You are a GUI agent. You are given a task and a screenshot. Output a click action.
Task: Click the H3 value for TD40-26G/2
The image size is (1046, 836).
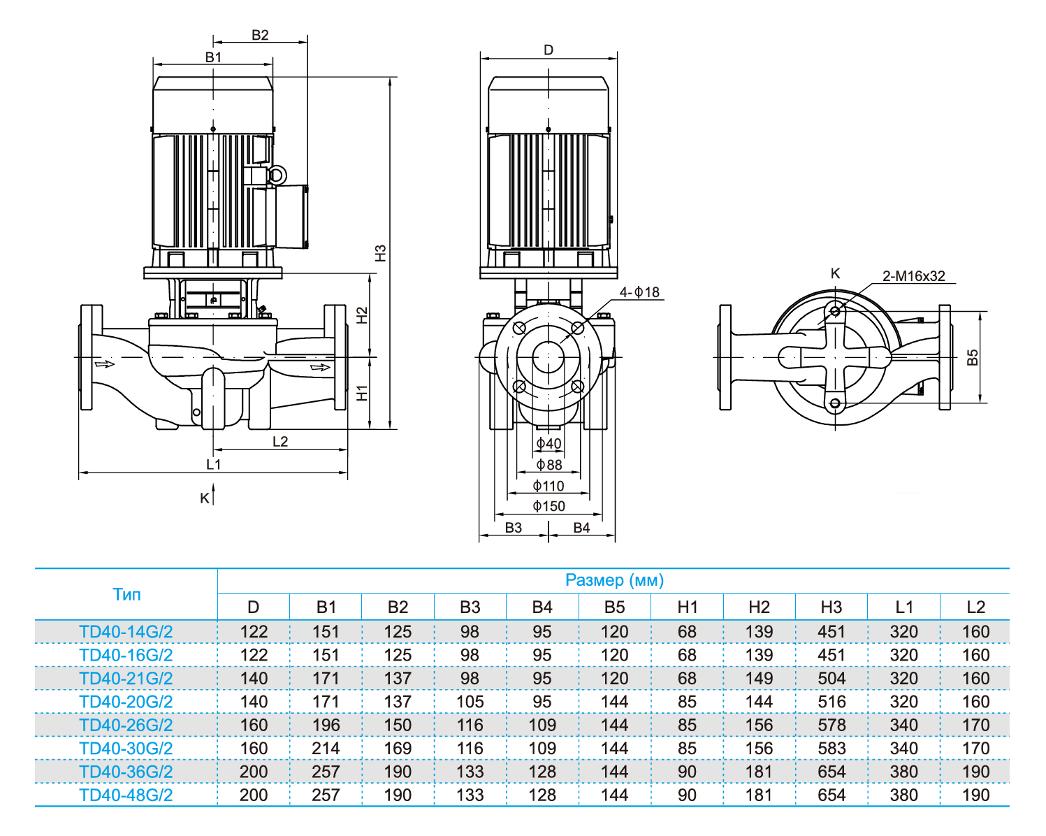[831, 725]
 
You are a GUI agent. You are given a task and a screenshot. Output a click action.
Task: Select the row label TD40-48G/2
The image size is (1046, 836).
[126, 795]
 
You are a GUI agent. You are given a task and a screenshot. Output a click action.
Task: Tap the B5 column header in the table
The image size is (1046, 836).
[614, 607]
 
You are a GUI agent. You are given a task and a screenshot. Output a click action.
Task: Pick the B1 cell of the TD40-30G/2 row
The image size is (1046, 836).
[326, 748]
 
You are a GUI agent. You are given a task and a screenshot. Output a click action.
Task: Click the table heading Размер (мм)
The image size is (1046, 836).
[613, 580]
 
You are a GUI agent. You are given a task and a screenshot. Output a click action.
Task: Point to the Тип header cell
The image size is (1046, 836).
[126, 594]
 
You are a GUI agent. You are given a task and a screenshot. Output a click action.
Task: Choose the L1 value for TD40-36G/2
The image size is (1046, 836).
[903, 772]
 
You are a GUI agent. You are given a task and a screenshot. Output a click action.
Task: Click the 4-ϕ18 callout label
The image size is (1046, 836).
[639, 292]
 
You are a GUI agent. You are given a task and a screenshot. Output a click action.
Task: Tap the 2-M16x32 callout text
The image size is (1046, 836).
[913, 276]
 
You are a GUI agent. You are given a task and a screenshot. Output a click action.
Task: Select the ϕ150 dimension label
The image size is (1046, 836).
[549, 506]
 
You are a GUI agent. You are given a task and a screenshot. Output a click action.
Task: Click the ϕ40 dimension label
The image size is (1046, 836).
[549, 443]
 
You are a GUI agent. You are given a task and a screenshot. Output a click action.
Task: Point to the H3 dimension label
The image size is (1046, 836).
[380, 253]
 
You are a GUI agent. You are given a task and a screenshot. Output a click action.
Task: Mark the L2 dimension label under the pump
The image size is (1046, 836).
[279, 441]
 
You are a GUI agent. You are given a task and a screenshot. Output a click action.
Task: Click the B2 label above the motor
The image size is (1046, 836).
[260, 35]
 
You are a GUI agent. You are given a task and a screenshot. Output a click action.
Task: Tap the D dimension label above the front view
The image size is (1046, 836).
[549, 50]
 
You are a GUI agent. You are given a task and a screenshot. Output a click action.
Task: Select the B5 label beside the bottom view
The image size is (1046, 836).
[973, 357]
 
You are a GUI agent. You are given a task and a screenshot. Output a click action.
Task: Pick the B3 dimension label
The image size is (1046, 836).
[513, 528]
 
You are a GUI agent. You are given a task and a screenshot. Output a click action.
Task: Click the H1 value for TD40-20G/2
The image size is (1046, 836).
[687, 701]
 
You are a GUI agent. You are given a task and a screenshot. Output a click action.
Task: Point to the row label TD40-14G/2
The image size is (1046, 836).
[126, 632]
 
